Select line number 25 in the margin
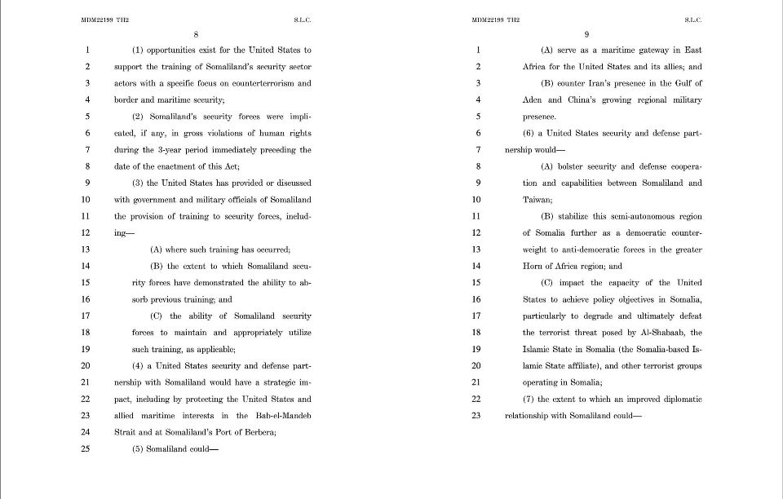click(x=86, y=448)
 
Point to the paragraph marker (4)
click(x=140, y=365)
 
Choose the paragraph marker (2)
click(x=140, y=117)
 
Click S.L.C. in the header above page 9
click(x=692, y=19)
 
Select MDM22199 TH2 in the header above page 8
click(x=104, y=19)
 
